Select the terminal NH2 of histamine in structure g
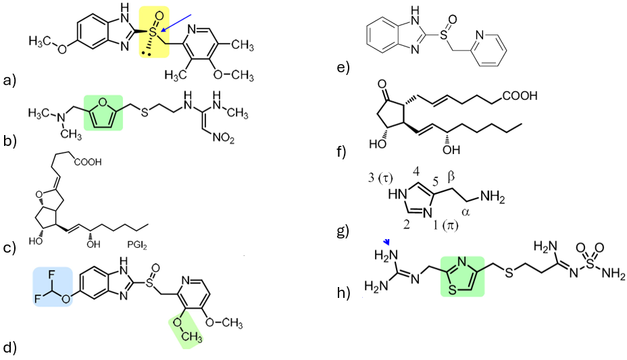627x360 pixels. [x=497, y=196]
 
